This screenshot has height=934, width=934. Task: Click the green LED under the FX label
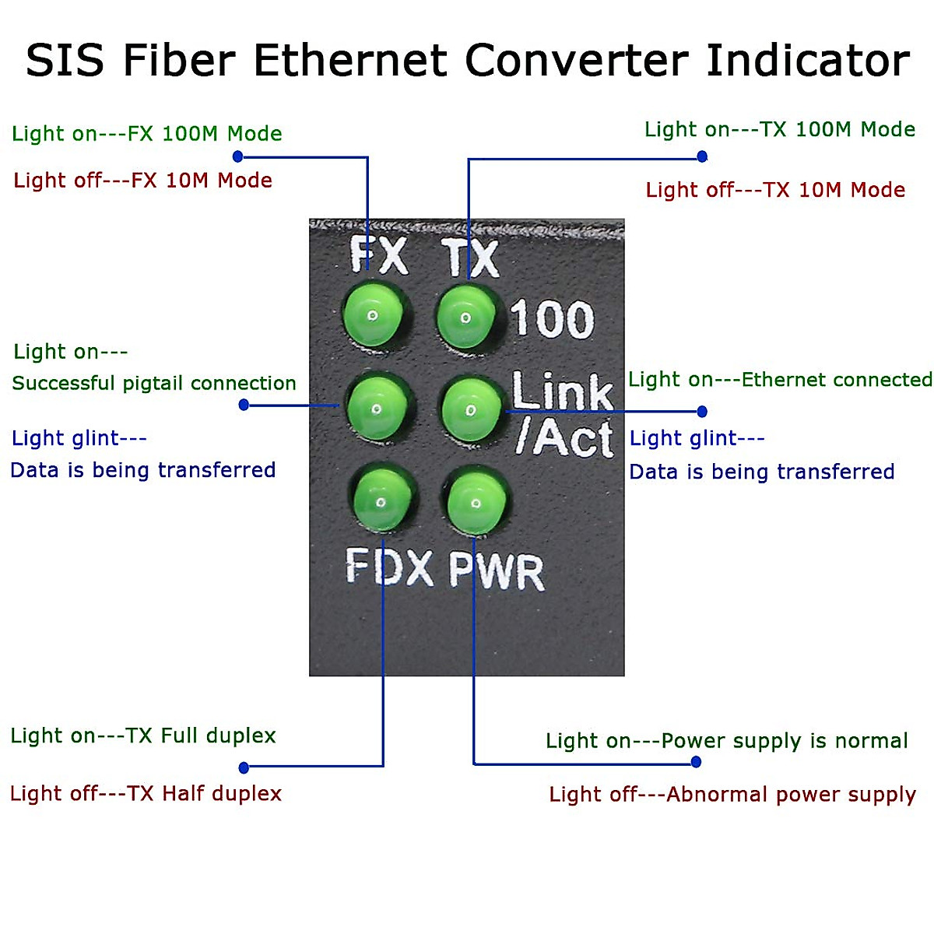click(x=374, y=315)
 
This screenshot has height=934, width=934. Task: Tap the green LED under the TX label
click(x=466, y=317)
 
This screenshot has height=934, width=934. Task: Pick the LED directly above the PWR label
click(x=476, y=502)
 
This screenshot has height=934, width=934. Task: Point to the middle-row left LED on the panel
click(x=377, y=408)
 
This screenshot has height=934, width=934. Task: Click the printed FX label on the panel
click(x=379, y=255)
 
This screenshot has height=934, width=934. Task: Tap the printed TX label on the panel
click(x=472, y=258)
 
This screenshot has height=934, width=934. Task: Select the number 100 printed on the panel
click(x=552, y=319)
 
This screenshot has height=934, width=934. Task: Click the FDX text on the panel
click(x=389, y=567)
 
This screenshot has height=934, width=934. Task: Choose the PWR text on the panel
click(x=497, y=571)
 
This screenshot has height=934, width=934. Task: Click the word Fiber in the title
click(x=179, y=61)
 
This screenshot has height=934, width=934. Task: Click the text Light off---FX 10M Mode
click(x=143, y=181)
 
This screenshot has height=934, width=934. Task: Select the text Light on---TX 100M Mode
click(x=779, y=129)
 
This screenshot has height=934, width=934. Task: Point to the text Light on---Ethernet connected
click(x=780, y=380)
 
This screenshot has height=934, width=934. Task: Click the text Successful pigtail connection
click(x=154, y=383)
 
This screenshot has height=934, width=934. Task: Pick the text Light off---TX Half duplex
click(x=146, y=793)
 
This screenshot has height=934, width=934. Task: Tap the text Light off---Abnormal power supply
click(x=732, y=795)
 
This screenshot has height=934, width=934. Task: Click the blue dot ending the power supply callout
click(x=696, y=762)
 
